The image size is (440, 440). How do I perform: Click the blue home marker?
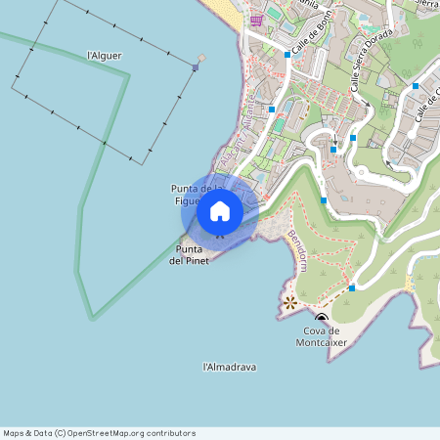click(x=220, y=210)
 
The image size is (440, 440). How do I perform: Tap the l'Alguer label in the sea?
click(x=105, y=56)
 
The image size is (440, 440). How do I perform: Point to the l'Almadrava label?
click(x=229, y=367)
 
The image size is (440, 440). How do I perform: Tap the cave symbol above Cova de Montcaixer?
click(x=321, y=318)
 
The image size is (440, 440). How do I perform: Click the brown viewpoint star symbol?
click(x=289, y=303)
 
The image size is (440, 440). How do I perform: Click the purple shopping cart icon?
click(x=256, y=20)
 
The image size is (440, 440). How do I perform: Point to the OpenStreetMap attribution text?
click(x=99, y=432)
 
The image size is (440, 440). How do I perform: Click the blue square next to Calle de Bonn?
click(x=287, y=55)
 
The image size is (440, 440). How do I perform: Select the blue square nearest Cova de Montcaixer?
click(x=352, y=288)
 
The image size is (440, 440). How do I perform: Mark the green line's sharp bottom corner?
click(x=93, y=319)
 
